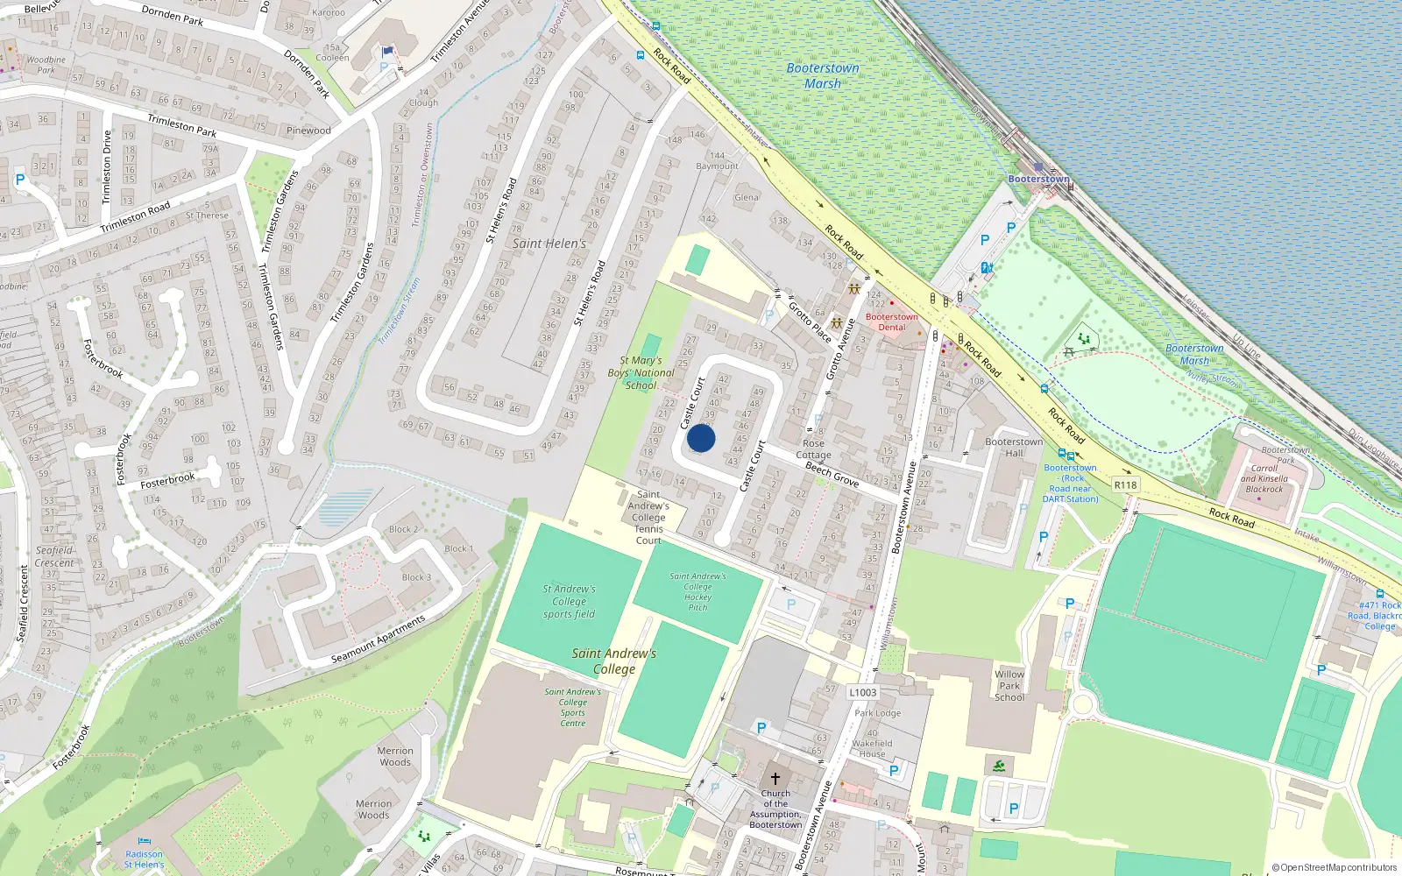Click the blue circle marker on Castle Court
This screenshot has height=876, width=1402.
coord(701,438)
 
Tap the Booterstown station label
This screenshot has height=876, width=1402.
coord(1038,179)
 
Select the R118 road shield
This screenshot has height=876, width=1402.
coord(1125,484)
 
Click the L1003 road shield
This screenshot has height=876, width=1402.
coord(862,692)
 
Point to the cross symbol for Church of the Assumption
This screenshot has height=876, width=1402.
coord(775,778)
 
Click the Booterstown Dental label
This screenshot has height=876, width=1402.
coord(891,321)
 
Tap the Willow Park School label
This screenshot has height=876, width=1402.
coord(1009,686)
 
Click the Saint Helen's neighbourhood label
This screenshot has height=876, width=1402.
coord(549,244)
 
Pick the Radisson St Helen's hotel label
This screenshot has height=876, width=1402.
coord(144,859)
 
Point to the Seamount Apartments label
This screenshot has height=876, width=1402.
coord(378,639)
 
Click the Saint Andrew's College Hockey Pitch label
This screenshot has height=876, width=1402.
coord(697,591)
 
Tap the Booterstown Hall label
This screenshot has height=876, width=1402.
coord(1014,447)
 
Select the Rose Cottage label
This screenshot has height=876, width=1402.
coord(813,449)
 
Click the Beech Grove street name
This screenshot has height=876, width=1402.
coord(832,474)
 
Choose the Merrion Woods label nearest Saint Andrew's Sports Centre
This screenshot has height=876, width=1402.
coord(395,756)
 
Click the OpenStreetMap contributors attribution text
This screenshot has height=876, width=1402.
coord(1334,868)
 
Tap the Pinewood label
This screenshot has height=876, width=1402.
coord(308,131)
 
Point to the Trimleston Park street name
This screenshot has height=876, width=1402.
coord(181,125)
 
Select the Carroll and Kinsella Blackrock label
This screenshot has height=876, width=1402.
coord(1264,478)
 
